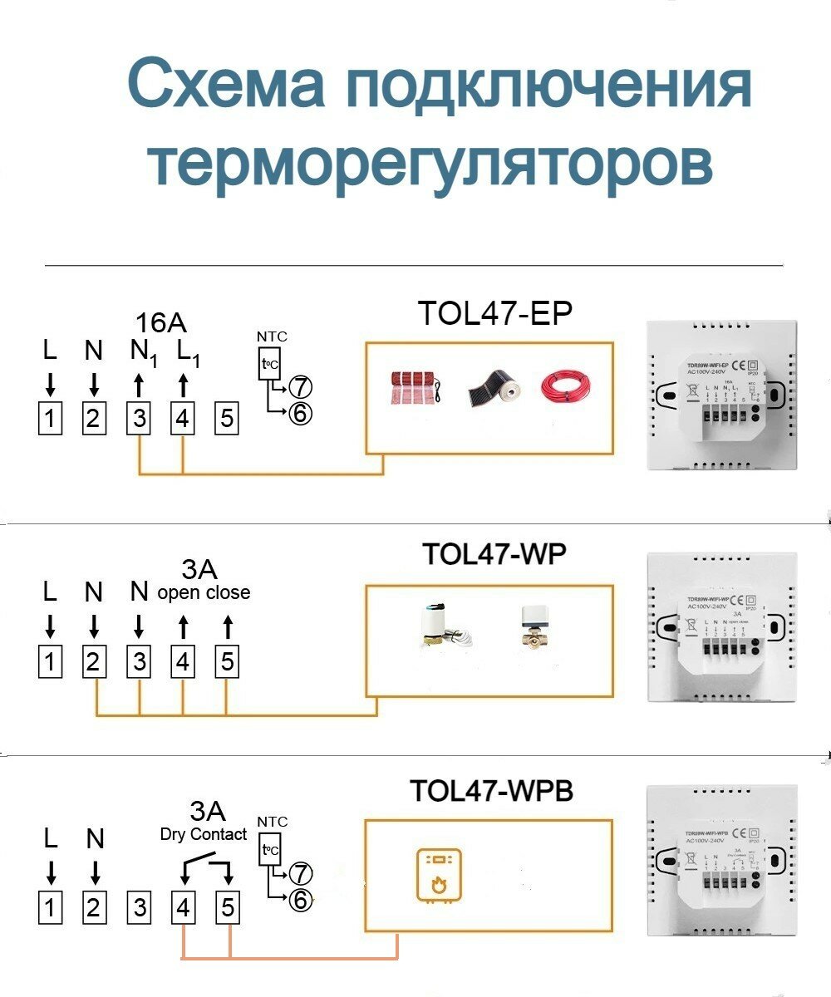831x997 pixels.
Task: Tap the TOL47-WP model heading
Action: click(494, 553)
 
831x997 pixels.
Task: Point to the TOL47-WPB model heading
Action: click(491, 790)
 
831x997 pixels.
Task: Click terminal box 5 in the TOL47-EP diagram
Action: click(226, 418)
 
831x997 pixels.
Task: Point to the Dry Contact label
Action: click(204, 834)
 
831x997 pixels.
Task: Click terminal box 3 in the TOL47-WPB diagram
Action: click(140, 907)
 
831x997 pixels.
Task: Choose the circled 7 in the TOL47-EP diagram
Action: click(301, 386)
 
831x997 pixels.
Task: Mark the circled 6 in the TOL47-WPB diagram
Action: click(301, 899)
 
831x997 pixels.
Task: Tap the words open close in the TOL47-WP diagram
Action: click(204, 592)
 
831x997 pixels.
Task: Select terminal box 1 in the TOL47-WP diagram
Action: click(50, 662)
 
